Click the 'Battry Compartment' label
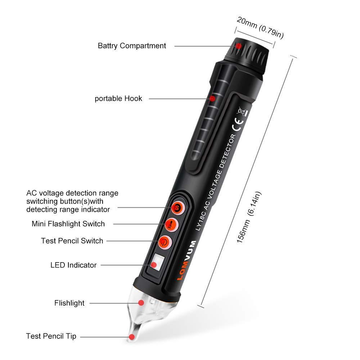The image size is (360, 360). pos(132,46)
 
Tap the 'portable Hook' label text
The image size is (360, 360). pos(118,98)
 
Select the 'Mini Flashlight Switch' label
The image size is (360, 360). pos(68,224)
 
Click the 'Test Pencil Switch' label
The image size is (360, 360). pos(72,240)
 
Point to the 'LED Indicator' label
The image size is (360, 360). pos(73,265)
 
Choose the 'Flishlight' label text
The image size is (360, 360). pos(69,303)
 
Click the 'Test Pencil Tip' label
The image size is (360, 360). pos(51,336)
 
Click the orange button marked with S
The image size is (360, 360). pos(177,207)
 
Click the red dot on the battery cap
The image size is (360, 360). pos(239,46)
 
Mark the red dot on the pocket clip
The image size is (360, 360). pos(212,98)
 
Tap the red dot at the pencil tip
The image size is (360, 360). pos(132,337)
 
